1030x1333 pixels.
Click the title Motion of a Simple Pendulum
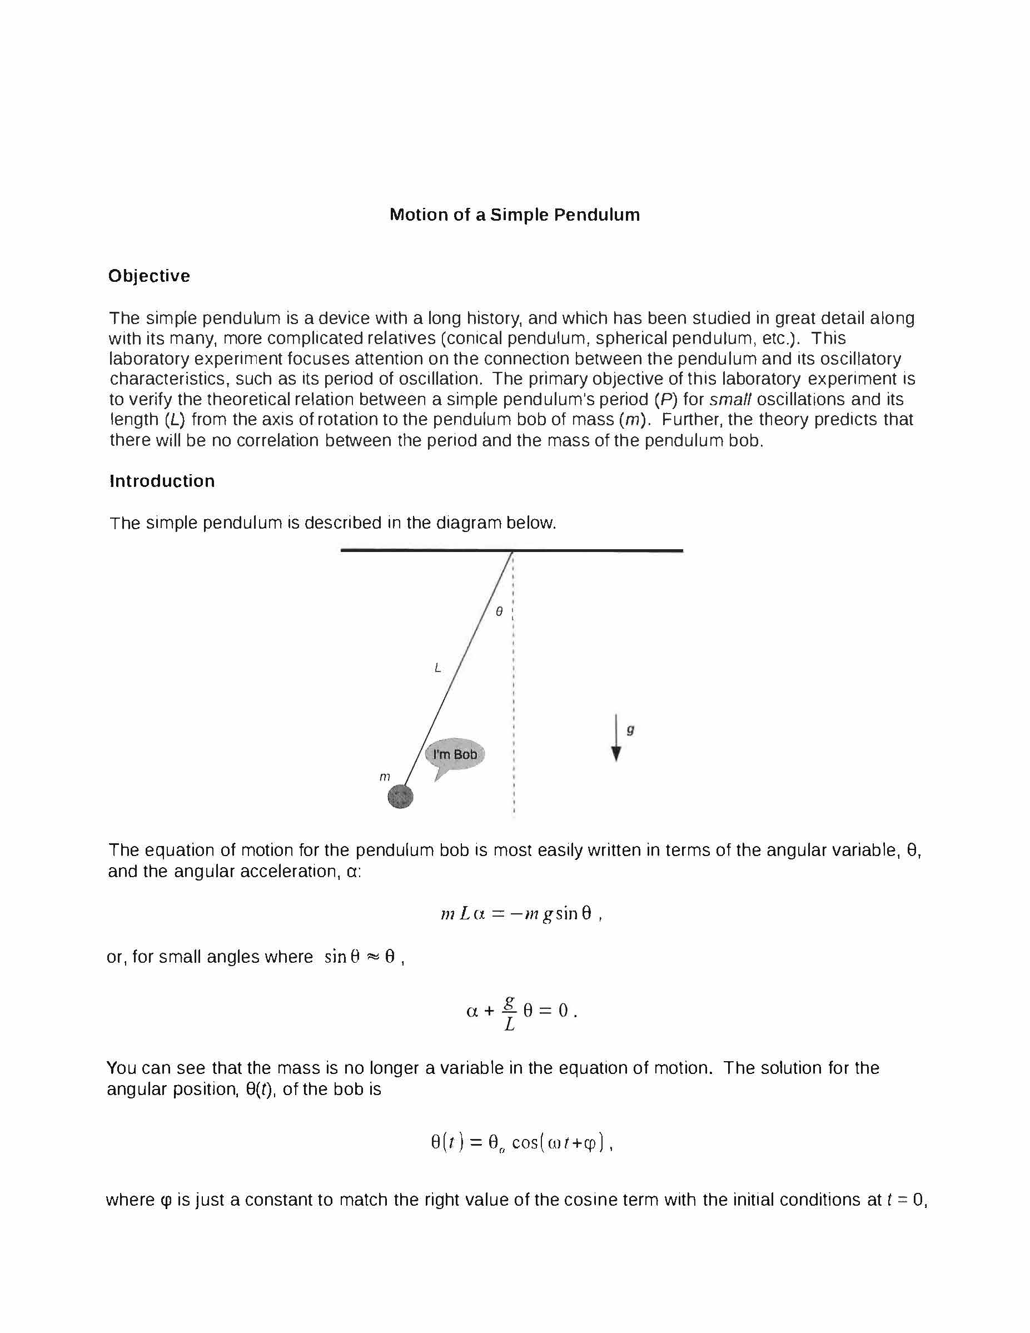coord(514,215)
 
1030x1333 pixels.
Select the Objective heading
coord(149,276)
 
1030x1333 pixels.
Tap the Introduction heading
coord(162,481)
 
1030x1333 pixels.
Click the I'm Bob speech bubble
coord(455,754)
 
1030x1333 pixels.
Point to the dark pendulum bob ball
coord(400,797)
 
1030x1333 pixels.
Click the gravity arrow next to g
coord(616,739)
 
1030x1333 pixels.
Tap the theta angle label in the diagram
coord(499,611)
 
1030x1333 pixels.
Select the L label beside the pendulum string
coord(437,668)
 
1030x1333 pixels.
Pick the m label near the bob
coord(385,777)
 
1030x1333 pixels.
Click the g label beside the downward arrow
coord(630,729)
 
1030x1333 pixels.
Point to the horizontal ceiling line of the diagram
coord(511,550)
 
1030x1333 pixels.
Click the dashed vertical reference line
coord(514,702)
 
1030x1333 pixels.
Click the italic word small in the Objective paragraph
coord(730,400)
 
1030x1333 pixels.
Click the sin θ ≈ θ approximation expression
coord(360,957)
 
